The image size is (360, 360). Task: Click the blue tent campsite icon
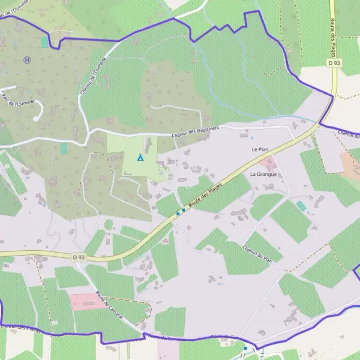point(140,158)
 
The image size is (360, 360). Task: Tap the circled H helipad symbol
point(27,60)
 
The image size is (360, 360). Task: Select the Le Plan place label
point(259,149)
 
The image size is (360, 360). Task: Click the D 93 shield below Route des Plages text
point(334,63)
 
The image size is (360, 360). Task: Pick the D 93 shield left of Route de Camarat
point(79,257)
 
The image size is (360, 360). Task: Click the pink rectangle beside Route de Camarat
point(88,301)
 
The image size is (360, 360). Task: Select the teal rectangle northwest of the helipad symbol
point(45,42)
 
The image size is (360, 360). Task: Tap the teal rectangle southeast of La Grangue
point(301,206)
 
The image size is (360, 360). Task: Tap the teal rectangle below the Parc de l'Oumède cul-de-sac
point(64,148)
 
